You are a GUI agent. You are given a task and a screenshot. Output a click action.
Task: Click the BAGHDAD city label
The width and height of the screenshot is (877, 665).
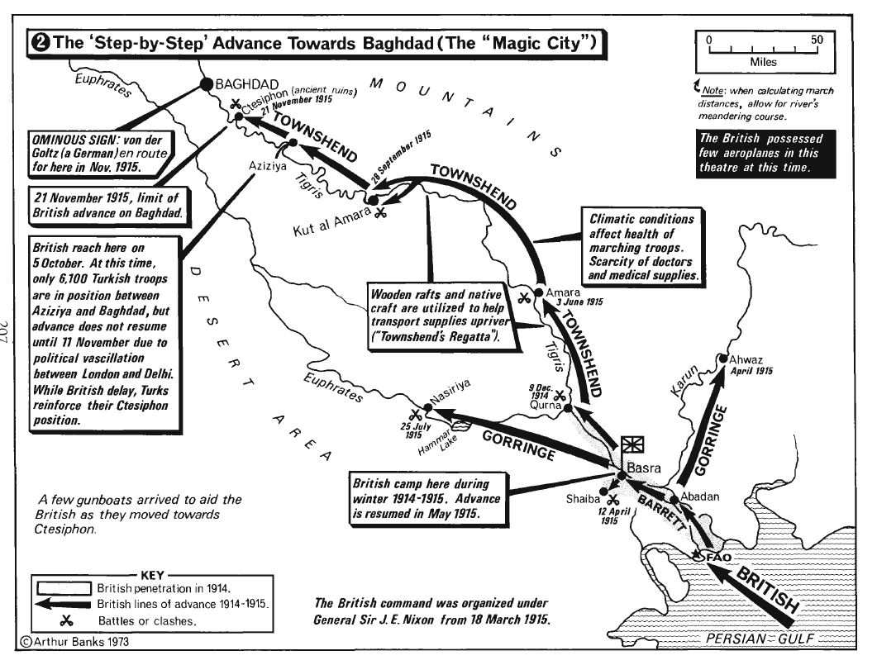[x=241, y=83]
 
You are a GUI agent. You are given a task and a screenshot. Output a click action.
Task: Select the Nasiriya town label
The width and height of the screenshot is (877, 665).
[x=452, y=396]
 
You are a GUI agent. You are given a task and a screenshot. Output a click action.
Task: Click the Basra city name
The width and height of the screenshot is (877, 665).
[x=644, y=467]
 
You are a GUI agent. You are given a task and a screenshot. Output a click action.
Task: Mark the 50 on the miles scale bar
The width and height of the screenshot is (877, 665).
[x=816, y=39]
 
